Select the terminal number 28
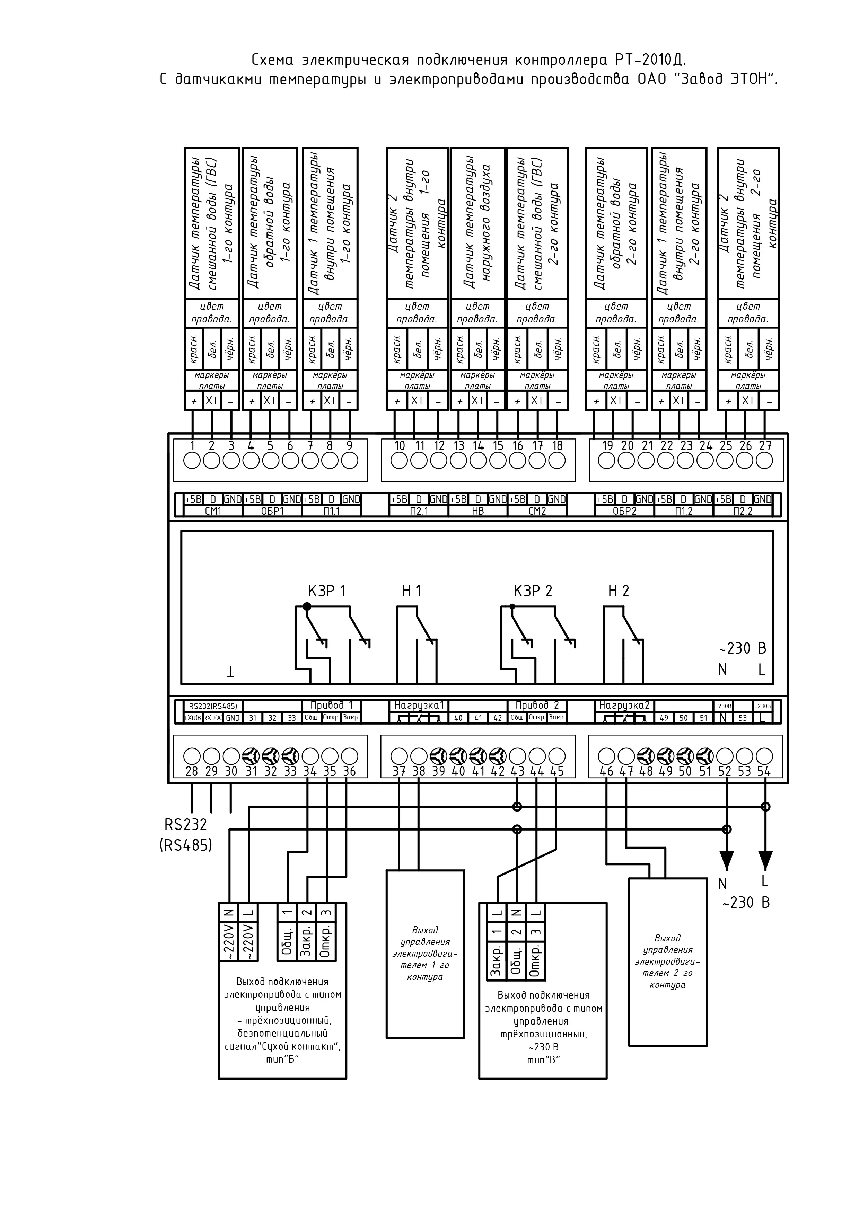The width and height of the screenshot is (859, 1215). pyautogui.click(x=192, y=772)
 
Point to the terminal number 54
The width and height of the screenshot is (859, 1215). pyautogui.click(x=764, y=772)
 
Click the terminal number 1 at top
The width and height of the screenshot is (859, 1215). pyautogui.click(x=192, y=445)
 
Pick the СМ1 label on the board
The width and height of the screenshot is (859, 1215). pyautogui.click(x=213, y=511)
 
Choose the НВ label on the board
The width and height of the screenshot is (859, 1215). pyautogui.click(x=478, y=511)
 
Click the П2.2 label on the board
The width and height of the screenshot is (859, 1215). pyautogui.click(x=743, y=511)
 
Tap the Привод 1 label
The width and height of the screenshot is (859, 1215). pyautogui.click(x=331, y=706)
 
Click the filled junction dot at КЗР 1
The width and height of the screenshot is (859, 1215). pyautogui.click(x=306, y=606)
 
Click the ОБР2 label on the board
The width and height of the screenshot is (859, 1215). pyautogui.click(x=624, y=511)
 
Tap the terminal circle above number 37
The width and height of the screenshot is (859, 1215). pyautogui.click(x=399, y=755)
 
